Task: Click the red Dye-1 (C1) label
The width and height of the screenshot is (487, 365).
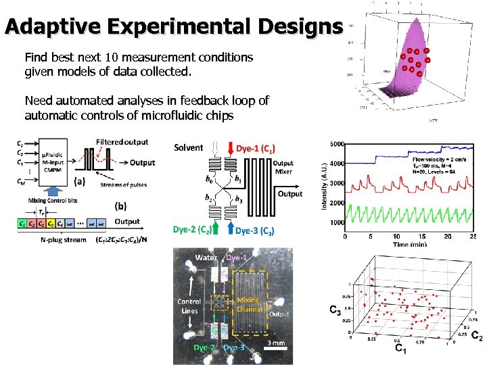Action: [255, 148]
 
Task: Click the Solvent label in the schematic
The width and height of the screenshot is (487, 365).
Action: [188, 147]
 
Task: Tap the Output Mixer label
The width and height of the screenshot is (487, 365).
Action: [283, 167]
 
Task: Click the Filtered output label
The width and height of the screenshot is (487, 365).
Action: [122, 142]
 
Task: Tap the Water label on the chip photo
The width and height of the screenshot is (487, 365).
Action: [206, 258]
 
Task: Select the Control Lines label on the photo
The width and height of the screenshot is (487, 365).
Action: [189, 306]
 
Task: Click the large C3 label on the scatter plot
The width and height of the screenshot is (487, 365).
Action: [335, 310]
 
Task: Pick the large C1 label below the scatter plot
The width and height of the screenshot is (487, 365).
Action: [400, 350]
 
